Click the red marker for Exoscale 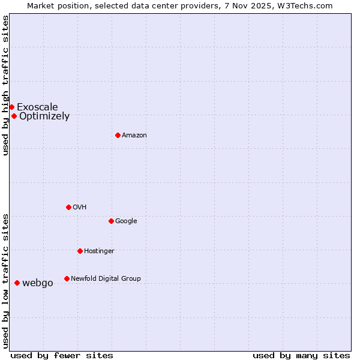point(11,107)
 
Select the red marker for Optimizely point(14,116)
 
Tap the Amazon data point point(118,135)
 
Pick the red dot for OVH point(68,207)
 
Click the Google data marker point(111,221)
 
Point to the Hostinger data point point(80,251)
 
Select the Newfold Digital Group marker point(67,278)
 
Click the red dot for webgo point(17,283)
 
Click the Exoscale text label point(37,107)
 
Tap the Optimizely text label point(44,116)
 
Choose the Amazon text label point(134,136)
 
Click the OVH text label point(80,208)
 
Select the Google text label point(126,221)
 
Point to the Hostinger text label point(99,251)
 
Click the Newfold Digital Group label point(106,279)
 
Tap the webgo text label point(37,283)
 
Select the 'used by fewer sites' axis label point(62,355)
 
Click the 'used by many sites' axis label point(301,355)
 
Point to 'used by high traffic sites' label point(5,85)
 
